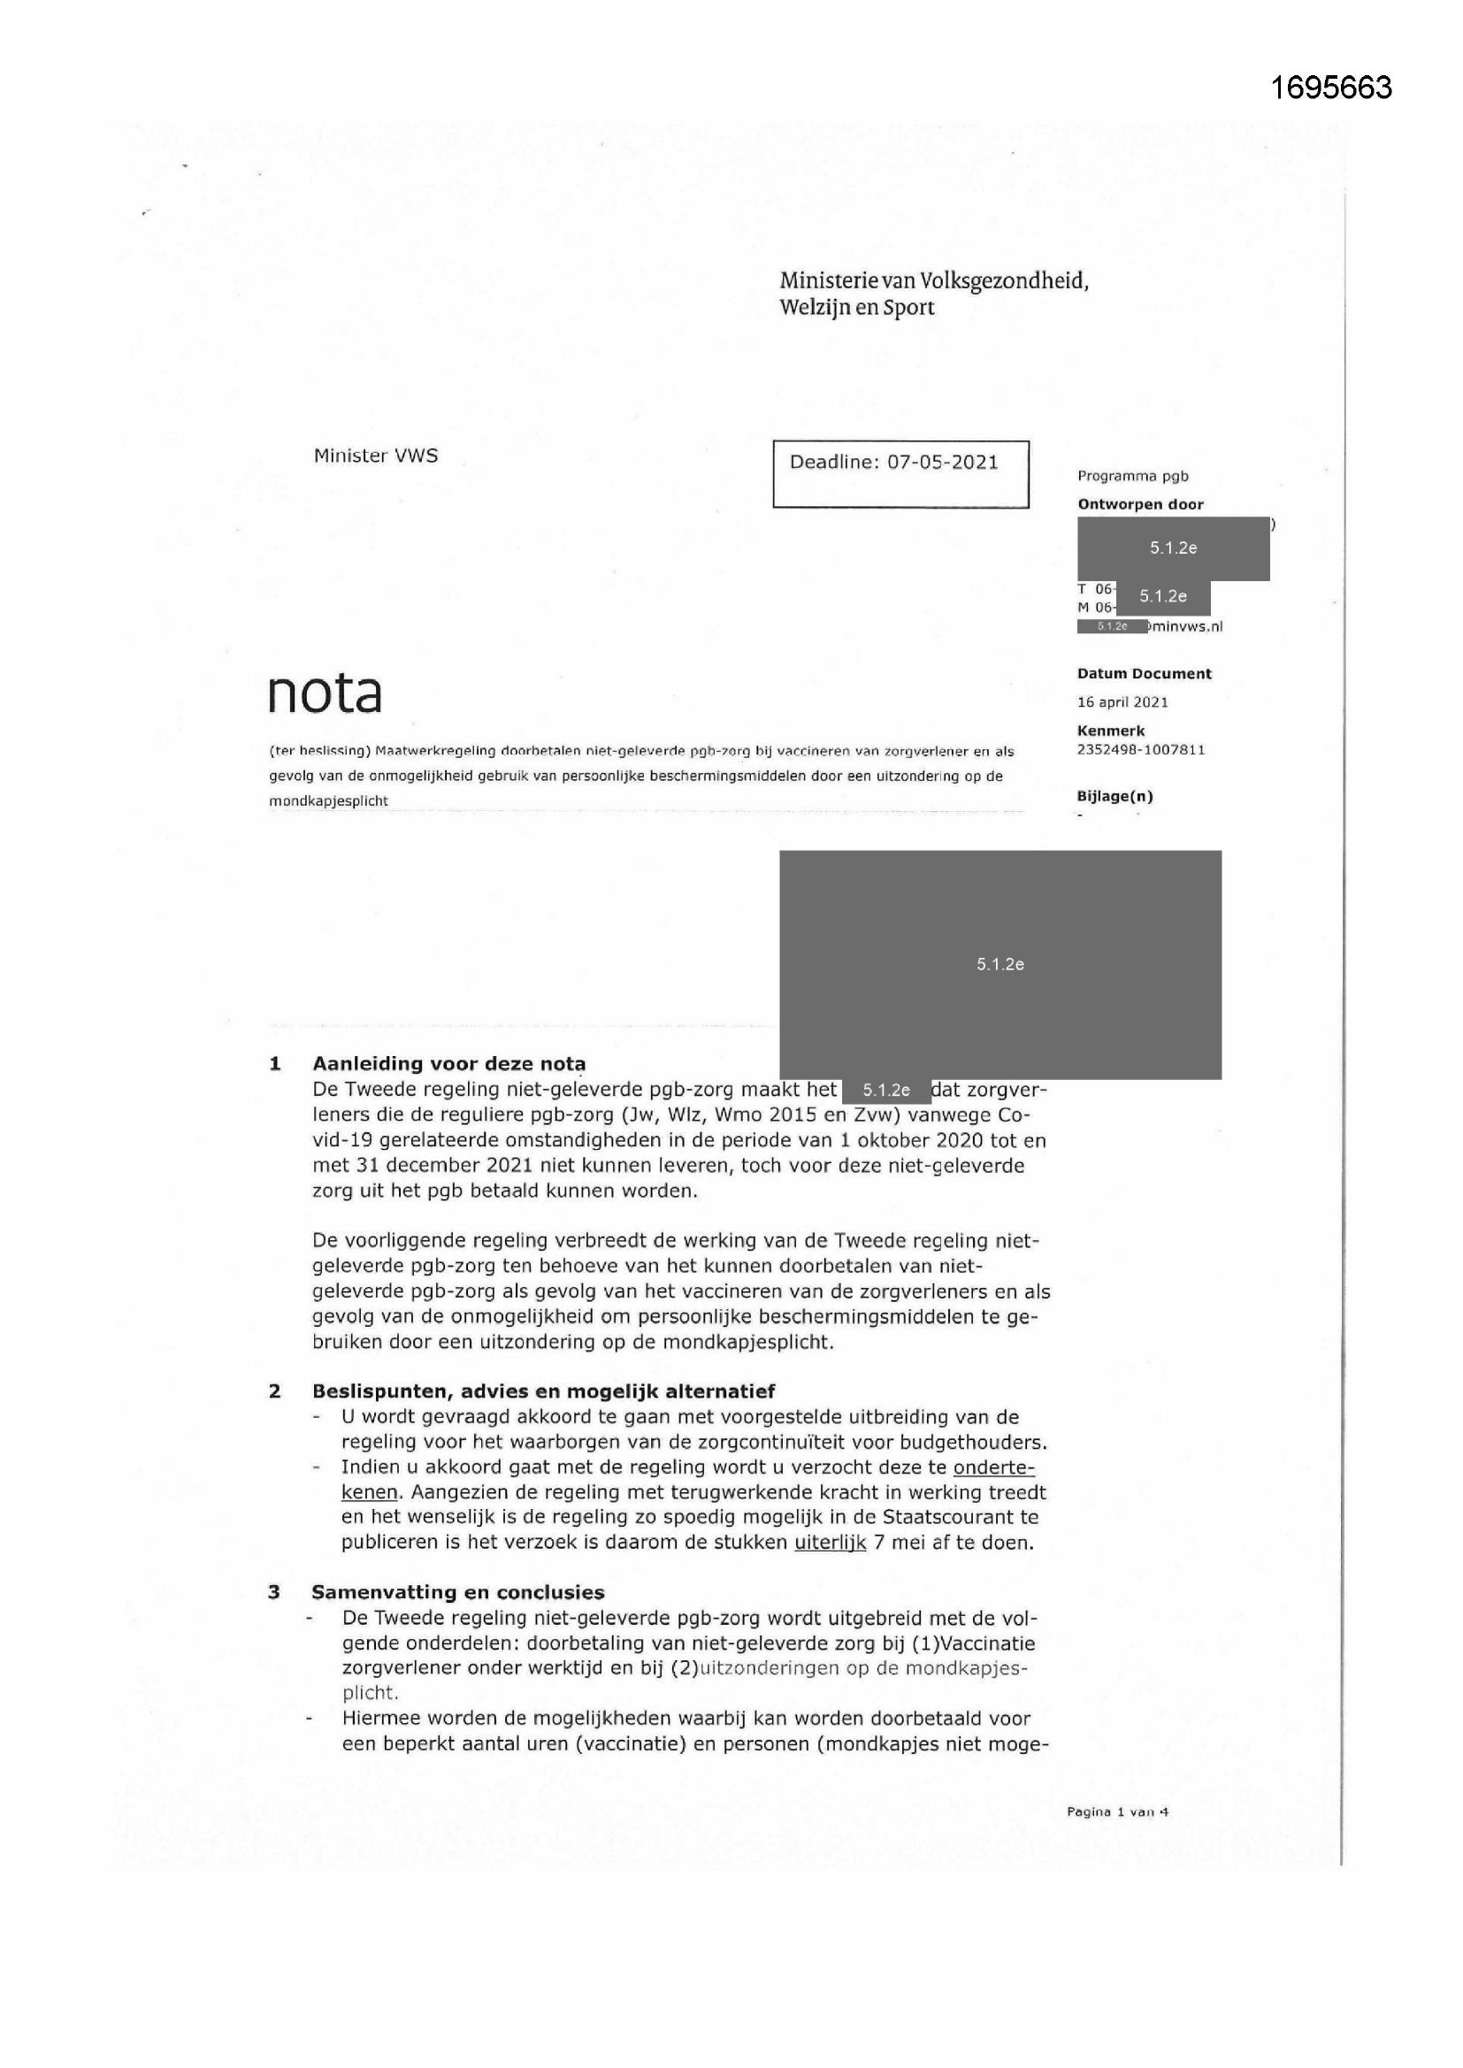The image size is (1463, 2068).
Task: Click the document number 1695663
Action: pyautogui.click(x=1330, y=88)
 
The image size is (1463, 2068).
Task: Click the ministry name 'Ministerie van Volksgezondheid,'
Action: pyautogui.click(x=933, y=281)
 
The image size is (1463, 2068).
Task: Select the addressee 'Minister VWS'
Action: pyautogui.click(x=376, y=456)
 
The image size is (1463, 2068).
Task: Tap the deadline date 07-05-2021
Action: pyautogui.click(x=942, y=463)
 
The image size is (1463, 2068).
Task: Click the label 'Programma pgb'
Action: pyautogui.click(x=1132, y=477)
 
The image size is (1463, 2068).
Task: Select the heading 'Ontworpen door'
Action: pyautogui.click(x=1139, y=504)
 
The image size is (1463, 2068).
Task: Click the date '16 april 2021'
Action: pyautogui.click(x=1122, y=702)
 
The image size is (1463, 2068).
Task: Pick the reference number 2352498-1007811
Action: pyautogui.click(x=1140, y=749)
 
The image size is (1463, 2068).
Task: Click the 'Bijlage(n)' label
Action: pyautogui.click(x=1114, y=796)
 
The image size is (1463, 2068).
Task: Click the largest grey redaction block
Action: pyautogui.click(x=1000, y=964)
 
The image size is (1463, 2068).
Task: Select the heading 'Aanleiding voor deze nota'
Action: pyautogui.click(x=448, y=1064)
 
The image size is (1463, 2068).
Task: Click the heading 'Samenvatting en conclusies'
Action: pyautogui.click(x=457, y=1592)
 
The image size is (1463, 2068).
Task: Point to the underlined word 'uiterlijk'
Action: pyautogui.click(x=830, y=1543)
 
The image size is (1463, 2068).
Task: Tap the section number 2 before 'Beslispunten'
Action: pyautogui.click(x=275, y=1391)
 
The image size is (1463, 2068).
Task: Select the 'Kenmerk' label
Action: pyautogui.click(x=1110, y=731)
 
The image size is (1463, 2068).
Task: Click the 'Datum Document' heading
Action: pyautogui.click(x=1143, y=674)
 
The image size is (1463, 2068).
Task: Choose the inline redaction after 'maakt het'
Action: pyautogui.click(x=885, y=1091)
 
